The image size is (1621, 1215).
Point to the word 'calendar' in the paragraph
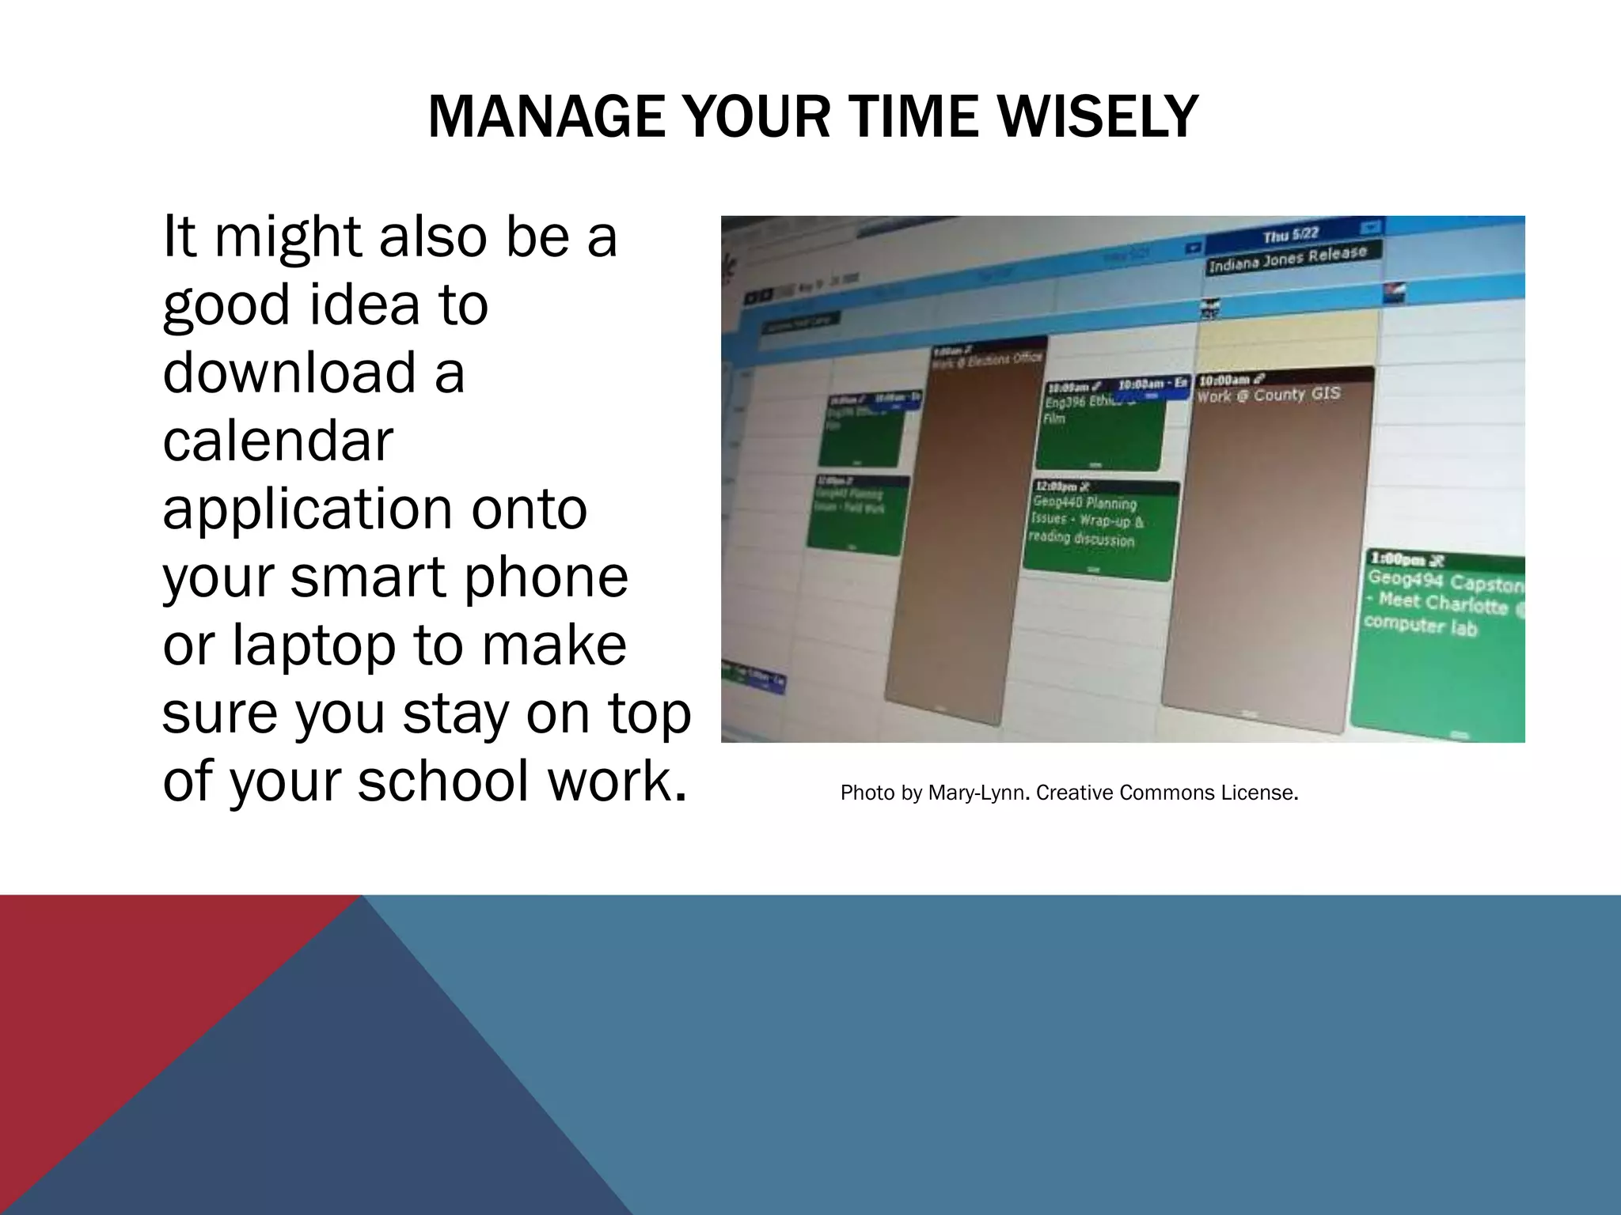[278, 441]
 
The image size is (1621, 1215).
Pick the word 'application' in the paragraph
[374, 509]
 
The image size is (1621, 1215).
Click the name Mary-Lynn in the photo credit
[978, 793]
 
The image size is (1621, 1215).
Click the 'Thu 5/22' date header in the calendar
[1290, 235]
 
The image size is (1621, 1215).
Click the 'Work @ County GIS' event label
[1268, 394]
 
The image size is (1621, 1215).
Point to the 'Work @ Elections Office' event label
[987, 360]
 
